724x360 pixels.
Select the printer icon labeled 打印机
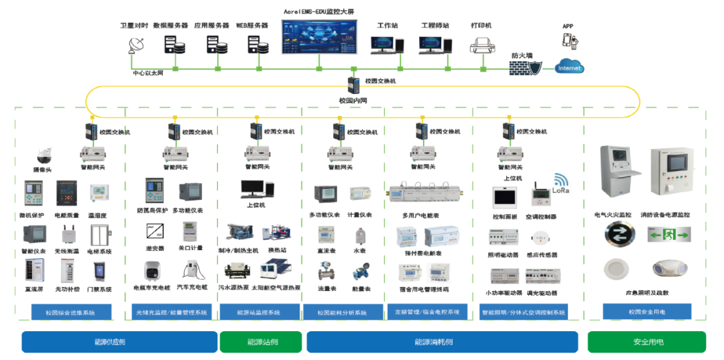point(482,45)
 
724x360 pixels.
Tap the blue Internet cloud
point(570,67)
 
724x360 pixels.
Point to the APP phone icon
point(569,41)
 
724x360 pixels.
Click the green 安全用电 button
point(647,341)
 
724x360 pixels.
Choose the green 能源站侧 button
point(260,341)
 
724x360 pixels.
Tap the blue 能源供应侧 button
point(119,341)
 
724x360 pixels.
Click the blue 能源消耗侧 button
point(442,341)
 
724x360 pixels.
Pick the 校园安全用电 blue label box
point(647,311)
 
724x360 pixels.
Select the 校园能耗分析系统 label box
point(342,312)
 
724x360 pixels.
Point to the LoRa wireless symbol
point(560,181)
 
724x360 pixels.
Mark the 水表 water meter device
point(361,235)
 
